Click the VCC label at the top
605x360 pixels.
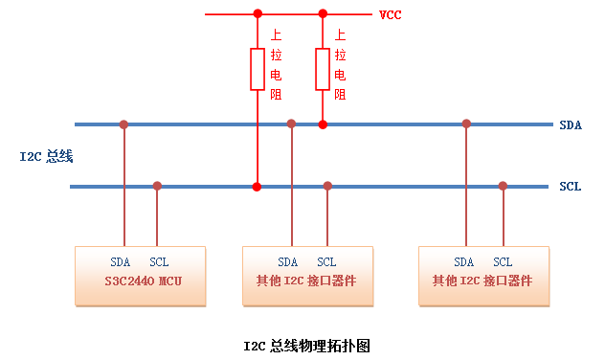(390, 15)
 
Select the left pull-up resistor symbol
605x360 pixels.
(257, 69)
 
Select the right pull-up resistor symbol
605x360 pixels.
(323, 69)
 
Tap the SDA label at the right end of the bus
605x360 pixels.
(571, 124)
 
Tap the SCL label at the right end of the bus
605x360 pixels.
(571, 187)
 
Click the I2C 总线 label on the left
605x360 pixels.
(47, 155)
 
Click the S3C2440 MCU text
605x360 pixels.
(142, 281)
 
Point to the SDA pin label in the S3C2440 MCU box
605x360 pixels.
(122, 262)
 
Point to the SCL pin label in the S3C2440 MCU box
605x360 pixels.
(159, 262)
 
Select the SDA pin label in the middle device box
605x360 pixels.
(288, 262)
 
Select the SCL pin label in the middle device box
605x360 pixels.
(326, 262)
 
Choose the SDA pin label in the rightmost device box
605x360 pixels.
(464, 262)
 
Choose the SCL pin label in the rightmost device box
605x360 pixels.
(503, 262)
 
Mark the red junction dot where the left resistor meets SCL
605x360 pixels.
(257, 187)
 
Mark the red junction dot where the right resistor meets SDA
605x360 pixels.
(323, 124)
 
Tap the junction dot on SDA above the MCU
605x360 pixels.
(123, 124)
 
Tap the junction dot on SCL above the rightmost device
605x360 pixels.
(503, 186)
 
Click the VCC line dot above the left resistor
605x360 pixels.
(257, 14)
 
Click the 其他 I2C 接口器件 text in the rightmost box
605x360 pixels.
(482, 281)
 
